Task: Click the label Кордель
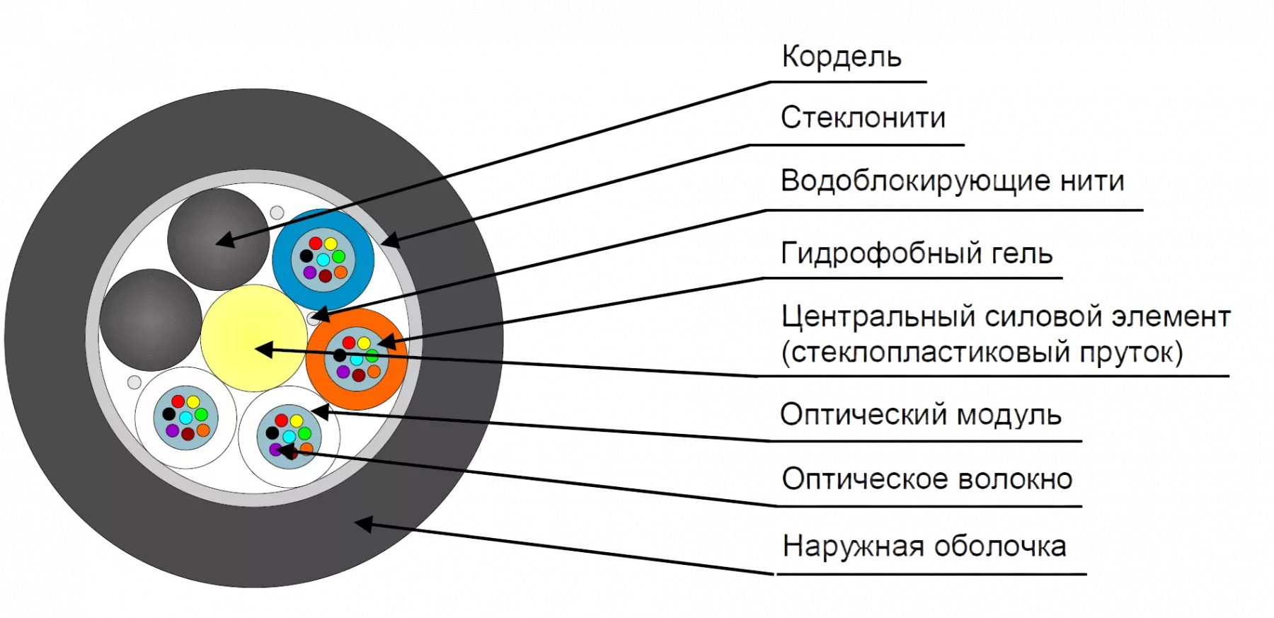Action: pos(842,57)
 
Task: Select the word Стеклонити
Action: pos(863,118)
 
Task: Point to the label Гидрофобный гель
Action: pos(917,253)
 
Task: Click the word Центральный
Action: pos(878,317)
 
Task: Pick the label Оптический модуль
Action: pos(921,415)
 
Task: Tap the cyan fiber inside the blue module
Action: pos(323,259)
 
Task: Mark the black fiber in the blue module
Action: pos(306,256)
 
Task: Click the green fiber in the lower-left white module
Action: pos(201,414)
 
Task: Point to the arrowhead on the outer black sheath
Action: pos(362,524)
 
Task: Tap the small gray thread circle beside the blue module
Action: pos(277,212)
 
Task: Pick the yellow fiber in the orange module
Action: pos(364,343)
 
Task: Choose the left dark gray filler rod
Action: pos(150,319)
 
